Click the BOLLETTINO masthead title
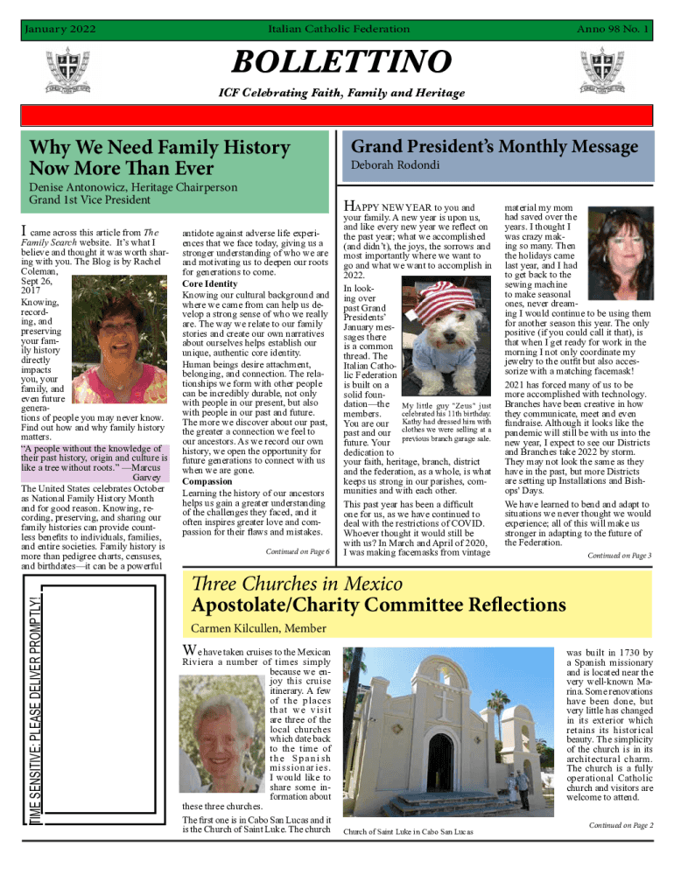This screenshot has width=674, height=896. (340, 63)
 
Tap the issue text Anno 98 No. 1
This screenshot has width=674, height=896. (612, 30)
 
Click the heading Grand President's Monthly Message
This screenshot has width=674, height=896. (494, 146)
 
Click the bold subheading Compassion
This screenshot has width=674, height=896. (207, 481)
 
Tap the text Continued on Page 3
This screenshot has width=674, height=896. (619, 556)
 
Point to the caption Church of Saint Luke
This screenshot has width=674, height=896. (408, 831)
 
